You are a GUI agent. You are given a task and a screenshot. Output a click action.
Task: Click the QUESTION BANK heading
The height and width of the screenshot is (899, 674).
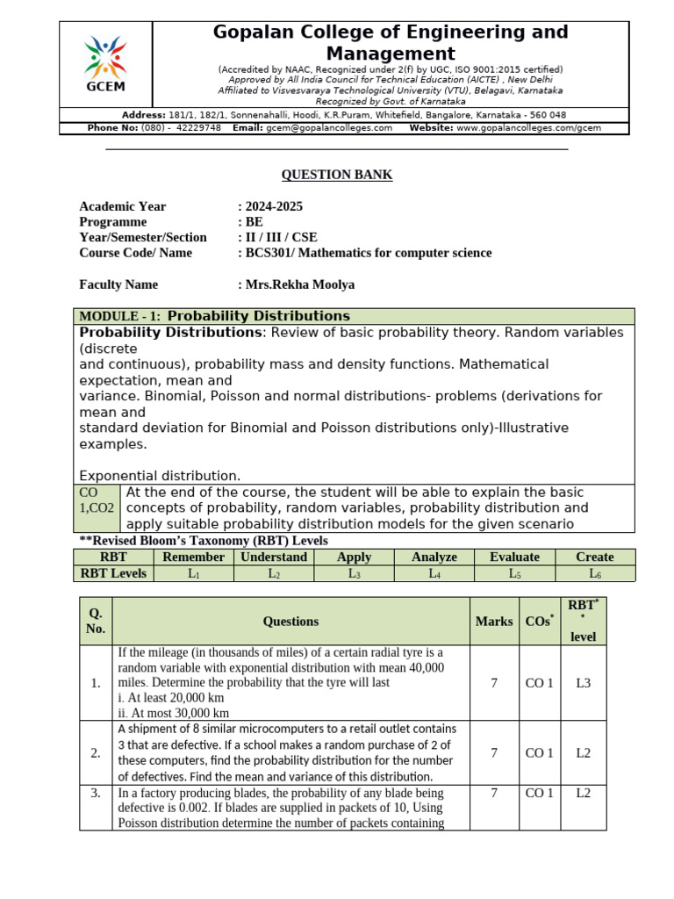(336, 175)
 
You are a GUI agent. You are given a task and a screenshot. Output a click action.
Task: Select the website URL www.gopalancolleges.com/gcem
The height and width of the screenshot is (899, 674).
(528, 128)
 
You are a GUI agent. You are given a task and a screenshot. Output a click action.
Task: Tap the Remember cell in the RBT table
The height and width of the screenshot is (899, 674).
(194, 557)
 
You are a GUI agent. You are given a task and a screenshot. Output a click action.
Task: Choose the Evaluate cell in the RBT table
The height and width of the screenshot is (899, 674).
(514, 557)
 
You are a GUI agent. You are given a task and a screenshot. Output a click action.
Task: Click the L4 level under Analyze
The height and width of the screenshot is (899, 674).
(434, 573)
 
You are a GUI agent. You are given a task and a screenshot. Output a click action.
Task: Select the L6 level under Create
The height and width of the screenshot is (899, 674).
(594, 573)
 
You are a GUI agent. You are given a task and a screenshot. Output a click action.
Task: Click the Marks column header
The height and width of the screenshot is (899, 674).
(494, 621)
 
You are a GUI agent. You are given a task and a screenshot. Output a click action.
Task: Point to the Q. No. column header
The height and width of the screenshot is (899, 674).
(96, 621)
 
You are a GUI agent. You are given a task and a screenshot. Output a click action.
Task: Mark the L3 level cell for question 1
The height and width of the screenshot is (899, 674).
(584, 682)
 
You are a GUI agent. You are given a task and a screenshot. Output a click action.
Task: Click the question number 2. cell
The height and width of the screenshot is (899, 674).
(96, 752)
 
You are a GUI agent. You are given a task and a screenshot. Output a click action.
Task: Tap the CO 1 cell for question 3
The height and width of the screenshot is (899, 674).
(539, 793)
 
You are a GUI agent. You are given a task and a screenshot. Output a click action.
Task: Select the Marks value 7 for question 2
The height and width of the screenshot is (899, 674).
(494, 752)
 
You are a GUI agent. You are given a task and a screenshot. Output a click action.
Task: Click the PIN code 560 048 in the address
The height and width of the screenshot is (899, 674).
(545, 115)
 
